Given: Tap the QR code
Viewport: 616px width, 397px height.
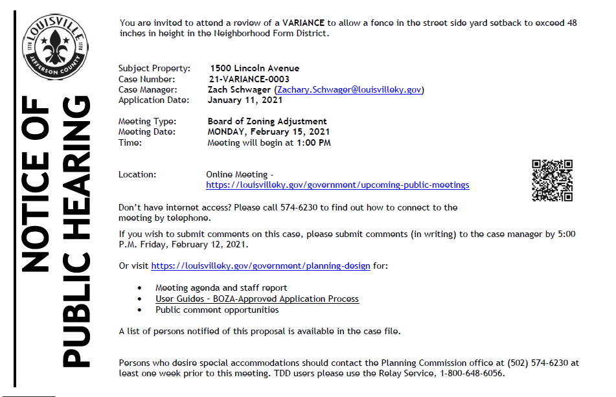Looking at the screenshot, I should tap(552, 180).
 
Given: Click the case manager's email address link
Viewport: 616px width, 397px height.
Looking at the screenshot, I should tap(349, 90).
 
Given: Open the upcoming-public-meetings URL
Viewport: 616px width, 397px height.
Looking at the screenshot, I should tap(337, 185).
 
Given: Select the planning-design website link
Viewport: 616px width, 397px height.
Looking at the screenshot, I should tap(260, 266).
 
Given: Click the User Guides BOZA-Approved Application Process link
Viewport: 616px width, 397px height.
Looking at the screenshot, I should tap(257, 299).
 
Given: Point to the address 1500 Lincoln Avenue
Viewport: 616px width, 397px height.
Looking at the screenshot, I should tap(255, 68).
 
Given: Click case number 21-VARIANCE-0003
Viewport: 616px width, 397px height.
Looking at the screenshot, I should tap(249, 79).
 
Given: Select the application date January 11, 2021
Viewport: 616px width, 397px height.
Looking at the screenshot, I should tap(245, 100).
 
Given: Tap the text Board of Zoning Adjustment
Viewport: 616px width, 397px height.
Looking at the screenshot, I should tap(267, 122).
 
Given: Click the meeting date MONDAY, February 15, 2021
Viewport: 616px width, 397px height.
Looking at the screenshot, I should tap(269, 132).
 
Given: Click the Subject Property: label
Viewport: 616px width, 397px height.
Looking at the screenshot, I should tap(154, 68).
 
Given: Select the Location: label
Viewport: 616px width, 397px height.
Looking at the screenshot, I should tap(137, 175).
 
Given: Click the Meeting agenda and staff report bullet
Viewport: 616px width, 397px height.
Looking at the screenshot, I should tap(221, 288).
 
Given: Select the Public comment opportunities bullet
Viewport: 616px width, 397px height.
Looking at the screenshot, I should tap(217, 310).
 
